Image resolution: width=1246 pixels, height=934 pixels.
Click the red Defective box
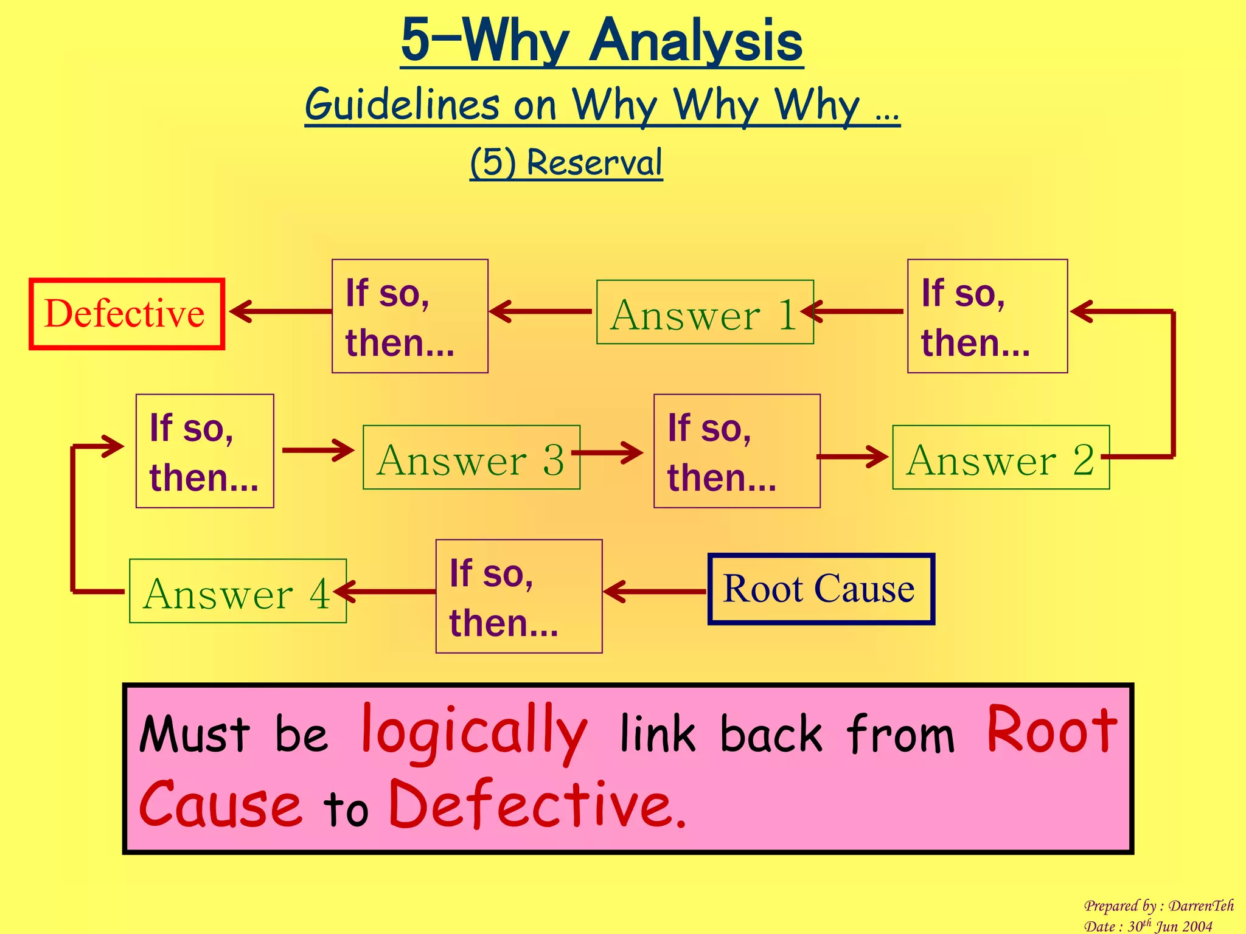click(x=127, y=314)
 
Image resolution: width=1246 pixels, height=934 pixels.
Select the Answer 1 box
click(x=705, y=313)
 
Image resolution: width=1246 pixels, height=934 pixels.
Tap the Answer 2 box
click(x=1000, y=457)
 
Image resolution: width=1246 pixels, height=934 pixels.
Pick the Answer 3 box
click(x=471, y=457)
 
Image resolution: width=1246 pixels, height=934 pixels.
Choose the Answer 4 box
click(x=238, y=591)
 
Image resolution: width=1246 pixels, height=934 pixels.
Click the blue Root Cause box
click(x=821, y=589)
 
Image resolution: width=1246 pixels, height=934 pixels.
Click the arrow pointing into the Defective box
click(x=280, y=311)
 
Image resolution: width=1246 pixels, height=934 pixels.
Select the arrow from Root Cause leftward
click(x=655, y=591)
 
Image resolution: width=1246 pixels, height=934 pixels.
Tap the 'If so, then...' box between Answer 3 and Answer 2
click(x=736, y=451)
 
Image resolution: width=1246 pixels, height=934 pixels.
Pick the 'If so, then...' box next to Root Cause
click(x=518, y=597)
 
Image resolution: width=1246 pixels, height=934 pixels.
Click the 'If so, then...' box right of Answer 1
click(x=987, y=316)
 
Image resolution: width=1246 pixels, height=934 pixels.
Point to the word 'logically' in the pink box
click(x=475, y=733)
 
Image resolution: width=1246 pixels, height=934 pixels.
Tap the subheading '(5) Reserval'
click(x=566, y=162)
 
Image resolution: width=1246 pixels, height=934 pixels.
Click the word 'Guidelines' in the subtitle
click(x=402, y=105)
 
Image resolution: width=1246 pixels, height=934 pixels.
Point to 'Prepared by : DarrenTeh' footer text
click(x=1158, y=906)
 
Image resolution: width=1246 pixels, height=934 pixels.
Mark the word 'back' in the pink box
click(x=770, y=734)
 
